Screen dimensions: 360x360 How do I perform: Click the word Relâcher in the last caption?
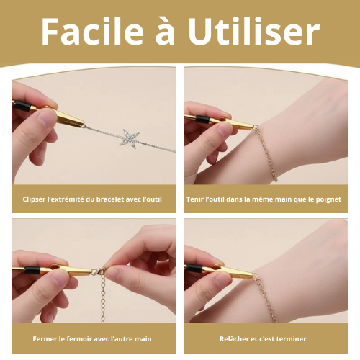coord(235,338)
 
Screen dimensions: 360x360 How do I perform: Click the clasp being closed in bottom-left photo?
coord(100,271)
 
